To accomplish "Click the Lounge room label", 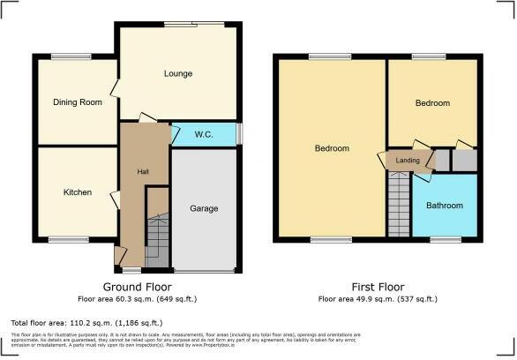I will pyautogui.click(x=177, y=73).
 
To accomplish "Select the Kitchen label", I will pyautogui.click(x=77, y=191).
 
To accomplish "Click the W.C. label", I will pyautogui.click(x=205, y=135).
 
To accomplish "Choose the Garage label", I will pyautogui.click(x=204, y=209).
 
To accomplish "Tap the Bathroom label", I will pyautogui.click(x=444, y=206).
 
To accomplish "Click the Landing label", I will pyautogui.click(x=408, y=160).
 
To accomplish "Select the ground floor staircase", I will pyautogui.click(x=157, y=238).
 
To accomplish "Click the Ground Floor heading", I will pyautogui.click(x=137, y=288).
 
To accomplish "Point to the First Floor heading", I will pyautogui.click(x=377, y=288).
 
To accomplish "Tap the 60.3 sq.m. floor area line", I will pyautogui.click(x=137, y=299).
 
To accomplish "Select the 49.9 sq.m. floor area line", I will pyautogui.click(x=377, y=299).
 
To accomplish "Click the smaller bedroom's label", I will pyautogui.click(x=432, y=103).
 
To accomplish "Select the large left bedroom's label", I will pyautogui.click(x=332, y=148).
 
